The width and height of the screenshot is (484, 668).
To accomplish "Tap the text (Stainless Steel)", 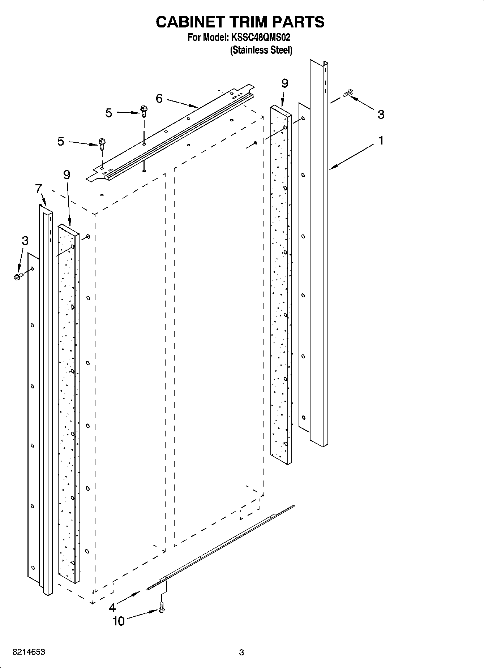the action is pyautogui.click(x=261, y=50).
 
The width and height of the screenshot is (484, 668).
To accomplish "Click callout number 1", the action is pyautogui.click(x=381, y=140).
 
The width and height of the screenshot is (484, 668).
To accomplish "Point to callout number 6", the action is pyautogui.click(x=159, y=98).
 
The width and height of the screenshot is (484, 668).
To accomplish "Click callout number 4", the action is pyautogui.click(x=112, y=608).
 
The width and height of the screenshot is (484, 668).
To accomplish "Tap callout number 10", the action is pyautogui.click(x=119, y=621).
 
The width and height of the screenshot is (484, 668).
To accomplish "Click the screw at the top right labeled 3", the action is pyautogui.click(x=348, y=93).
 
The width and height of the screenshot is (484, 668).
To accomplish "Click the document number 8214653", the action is pyautogui.click(x=29, y=652).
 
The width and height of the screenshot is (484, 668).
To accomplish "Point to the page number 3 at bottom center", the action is pyautogui.click(x=241, y=652).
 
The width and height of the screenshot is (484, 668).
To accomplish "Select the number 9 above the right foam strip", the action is pyautogui.click(x=284, y=83).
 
